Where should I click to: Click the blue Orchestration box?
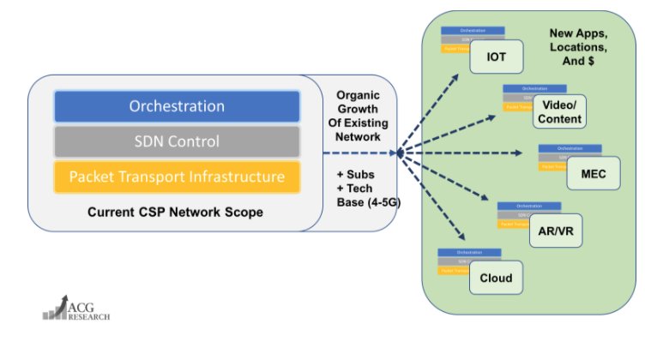(177, 106)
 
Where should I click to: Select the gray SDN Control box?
(177, 141)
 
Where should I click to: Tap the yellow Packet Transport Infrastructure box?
(177, 177)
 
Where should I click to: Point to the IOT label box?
(497, 57)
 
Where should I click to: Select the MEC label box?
(593, 171)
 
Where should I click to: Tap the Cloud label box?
(496, 278)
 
